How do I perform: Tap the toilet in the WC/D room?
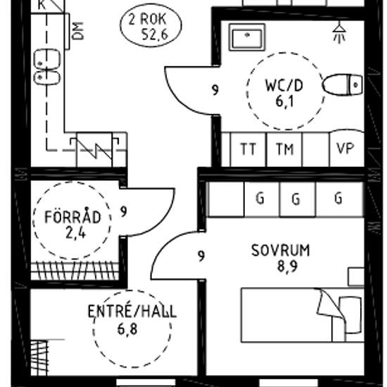343,84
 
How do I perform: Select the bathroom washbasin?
247,37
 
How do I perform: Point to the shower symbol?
340,32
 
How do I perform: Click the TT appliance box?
248,149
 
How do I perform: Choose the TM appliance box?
284,149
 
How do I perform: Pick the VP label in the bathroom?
345,148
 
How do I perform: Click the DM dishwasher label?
78,31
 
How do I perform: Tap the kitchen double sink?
47,67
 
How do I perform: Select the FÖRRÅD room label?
72,217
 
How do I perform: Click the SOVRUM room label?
280,250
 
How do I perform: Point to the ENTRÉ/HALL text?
132,312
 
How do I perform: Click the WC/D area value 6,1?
284,101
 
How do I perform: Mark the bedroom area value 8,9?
287,266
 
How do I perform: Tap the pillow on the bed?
350,315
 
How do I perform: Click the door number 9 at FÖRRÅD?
124,212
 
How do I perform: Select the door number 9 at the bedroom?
201,255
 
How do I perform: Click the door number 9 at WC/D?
215,90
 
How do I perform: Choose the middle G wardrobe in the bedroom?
298,199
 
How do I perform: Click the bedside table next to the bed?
356,277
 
